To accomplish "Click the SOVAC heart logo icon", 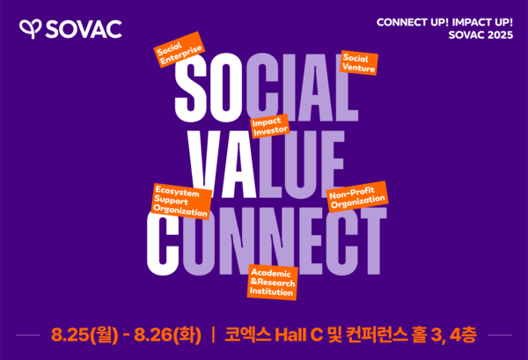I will coord(30,29).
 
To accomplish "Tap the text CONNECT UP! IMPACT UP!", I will coord(444,21).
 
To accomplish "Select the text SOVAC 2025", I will coord(480,36).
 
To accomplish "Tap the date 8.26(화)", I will coord(168,335).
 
